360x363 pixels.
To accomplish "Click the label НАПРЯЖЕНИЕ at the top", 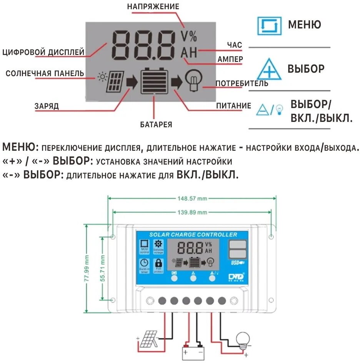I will coord(153,7).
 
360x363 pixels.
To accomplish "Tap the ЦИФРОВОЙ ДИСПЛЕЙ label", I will coord(43,52).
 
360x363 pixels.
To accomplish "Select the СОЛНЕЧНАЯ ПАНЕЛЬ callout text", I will coord(45,73).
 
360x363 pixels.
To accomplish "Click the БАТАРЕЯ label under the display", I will coord(156,125).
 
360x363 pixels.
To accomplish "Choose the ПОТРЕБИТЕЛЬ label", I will coord(242,83).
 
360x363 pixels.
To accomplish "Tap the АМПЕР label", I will coord(230,59).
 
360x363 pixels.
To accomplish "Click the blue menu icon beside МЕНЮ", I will coord(269,26).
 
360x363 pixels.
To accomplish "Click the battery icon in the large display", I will coord(154,81).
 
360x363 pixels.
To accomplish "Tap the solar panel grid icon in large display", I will coord(115,81).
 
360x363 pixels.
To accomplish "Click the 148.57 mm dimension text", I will coord(192,198).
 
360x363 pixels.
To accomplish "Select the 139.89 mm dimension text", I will coord(192,212).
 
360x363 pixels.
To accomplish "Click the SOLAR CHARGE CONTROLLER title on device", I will coord(193,235).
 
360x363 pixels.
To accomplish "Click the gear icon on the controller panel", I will coord(158,244).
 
